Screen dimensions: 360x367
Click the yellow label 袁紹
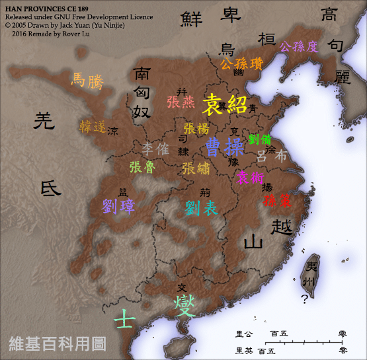[x=225, y=104]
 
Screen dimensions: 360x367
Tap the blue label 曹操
[x=225, y=146]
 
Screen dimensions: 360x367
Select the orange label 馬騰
[x=88, y=81]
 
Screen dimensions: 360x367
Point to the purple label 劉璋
[x=119, y=206]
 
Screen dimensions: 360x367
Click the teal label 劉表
[x=201, y=208]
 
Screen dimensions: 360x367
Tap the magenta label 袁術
[x=251, y=177]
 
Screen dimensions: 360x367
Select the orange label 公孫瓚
[x=241, y=64]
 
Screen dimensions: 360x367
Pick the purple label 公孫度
[x=298, y=47]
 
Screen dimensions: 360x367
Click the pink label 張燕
[x=181, y=102]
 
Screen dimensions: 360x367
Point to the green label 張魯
[x=142, y=167]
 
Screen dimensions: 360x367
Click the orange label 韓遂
[x=93, y=127]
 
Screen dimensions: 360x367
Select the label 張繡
[x=196, y=168]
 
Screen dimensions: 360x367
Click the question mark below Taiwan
[x=304, y=299]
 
